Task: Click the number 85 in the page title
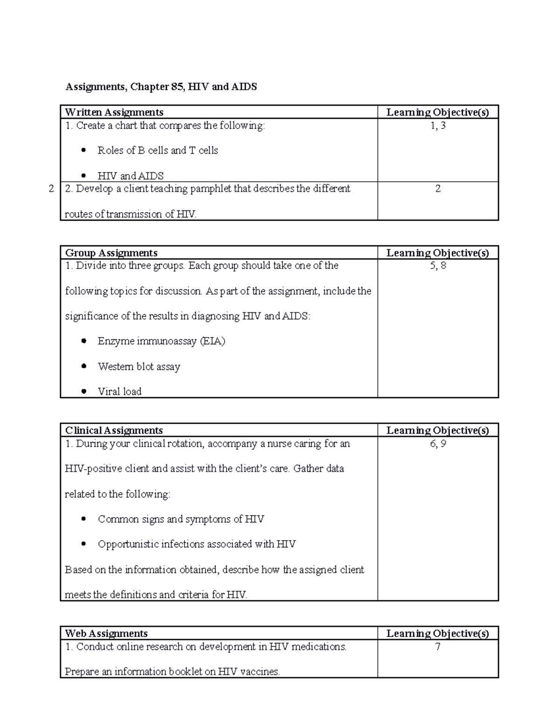click(176, 87)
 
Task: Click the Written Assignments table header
click(114, 112)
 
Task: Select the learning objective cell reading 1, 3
click(438, 125)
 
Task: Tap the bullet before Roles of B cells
click(83, 150)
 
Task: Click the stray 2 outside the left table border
click(51, 189)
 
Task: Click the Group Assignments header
click(111, 253)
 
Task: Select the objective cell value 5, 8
click(438, 265)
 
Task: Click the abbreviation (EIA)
click(212, 341)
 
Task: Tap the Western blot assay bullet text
click(139, 366)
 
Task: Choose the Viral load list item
click(119, 392)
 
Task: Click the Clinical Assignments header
click(114, 430)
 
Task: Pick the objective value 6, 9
click(438, 443)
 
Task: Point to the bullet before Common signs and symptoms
click(83, 519)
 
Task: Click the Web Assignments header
click(106, 633)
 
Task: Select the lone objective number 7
click(438, 646)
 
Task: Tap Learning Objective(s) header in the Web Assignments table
click(437, 633)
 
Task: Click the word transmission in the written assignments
click(135, 214)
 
